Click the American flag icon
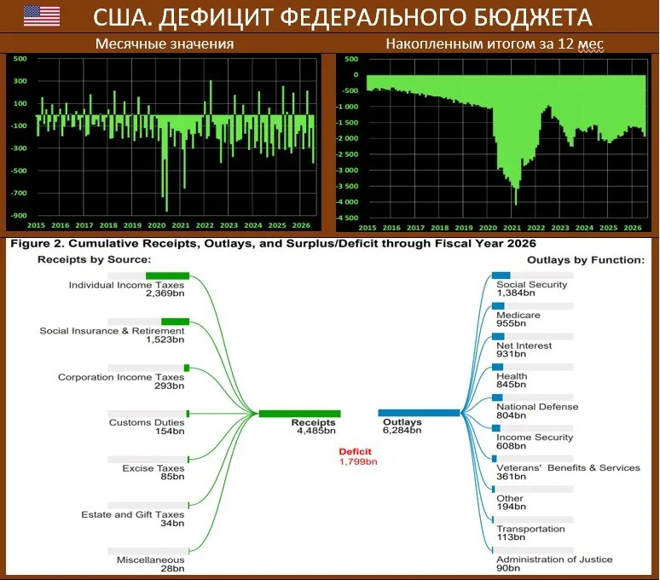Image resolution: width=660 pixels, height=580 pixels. tap(42, 15)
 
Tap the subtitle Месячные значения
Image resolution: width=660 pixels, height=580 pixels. tap(165, 43)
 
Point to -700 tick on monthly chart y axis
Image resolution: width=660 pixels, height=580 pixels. tap(20, 194)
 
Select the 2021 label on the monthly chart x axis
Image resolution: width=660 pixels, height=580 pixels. tap(181, 225)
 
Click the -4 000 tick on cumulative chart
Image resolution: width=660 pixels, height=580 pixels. tap(347, 202)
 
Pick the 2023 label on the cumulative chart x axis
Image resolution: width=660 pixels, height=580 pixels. tap(560, 228)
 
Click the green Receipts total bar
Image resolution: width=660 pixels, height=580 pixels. tap(299, 414)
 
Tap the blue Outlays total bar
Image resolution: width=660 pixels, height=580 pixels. tap(419, 413)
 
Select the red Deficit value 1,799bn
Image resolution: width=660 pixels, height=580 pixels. tap(358, 461)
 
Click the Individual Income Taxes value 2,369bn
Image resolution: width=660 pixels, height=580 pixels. tap(165, 293)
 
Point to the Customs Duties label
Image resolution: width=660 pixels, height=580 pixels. tap(147, 422)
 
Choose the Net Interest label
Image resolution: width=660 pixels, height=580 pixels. tap(524, 345)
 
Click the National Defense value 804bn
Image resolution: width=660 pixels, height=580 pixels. tap(511, 415)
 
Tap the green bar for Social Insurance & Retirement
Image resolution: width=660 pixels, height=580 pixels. tap(175, 322)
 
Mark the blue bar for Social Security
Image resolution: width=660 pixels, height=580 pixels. tap(501, 275)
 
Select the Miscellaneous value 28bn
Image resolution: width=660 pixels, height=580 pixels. tap(172, 569)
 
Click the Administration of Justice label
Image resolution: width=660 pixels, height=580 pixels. tap(554, 560)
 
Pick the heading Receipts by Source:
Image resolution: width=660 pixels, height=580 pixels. tap(95, 259)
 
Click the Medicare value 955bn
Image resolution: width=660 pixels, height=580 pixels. tap(511, 323)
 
